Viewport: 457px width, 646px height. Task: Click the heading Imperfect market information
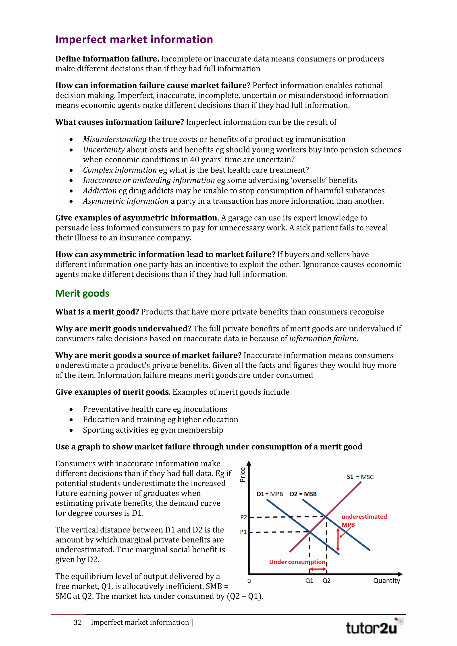pos(134,40)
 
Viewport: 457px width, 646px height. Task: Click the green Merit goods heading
pos(82,294)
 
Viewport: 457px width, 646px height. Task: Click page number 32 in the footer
pos(78,622)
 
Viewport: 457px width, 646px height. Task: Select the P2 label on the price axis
pos(243,517)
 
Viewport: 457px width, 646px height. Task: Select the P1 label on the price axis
pos(243,532)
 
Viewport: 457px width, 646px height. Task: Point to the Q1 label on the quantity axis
pos(309,580)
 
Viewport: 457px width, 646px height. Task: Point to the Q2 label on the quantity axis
pos(326,580)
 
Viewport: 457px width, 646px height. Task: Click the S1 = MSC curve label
pos(360,477)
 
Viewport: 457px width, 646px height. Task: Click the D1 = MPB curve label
pos(270,494)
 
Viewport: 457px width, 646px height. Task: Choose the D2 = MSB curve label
pos(303,494)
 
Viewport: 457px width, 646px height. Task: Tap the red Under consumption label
pos(297,562)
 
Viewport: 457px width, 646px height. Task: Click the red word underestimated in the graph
pos(364,517)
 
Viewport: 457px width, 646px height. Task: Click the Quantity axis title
pos(386,580)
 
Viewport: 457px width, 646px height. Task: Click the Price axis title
pos(242,474)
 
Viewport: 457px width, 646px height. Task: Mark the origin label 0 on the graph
pos(249,581)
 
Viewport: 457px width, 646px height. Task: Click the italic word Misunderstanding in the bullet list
pos(114,139)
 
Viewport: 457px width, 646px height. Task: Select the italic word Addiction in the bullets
pos(100,191)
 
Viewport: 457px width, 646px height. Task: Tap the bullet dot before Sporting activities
pos(71,430)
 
